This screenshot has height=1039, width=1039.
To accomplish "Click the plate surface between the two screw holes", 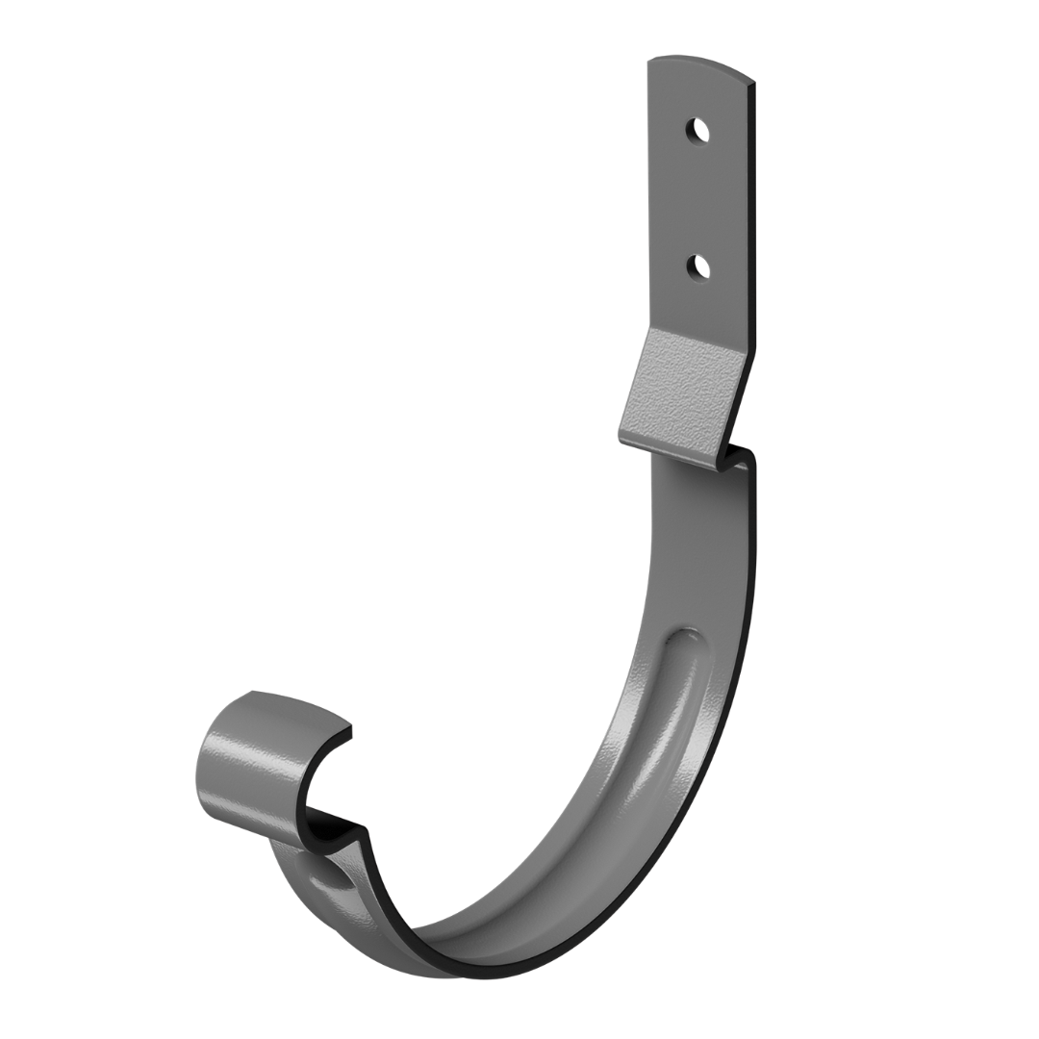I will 697,197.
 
